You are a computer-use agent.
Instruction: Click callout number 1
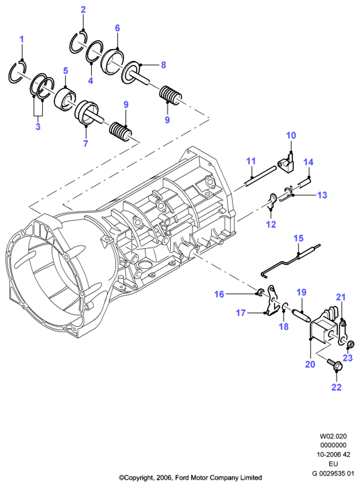pyautogui.click(x=21, y=40)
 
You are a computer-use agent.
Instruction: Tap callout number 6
pyautogui.click(x=117, y=28)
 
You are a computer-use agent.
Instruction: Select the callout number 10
pyautogui.click(x=291, y=136)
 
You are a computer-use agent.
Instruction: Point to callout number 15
pyautogui.click(x=298, y=238)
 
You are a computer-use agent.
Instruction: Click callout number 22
pyautogui.click(x=337, y=387)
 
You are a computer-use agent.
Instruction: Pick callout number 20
pyautogui.click(x=310, y=364)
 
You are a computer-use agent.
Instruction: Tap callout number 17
pyautogui.click(x=241, y=313)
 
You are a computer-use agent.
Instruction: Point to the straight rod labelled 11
pyautogui.click(x=260, y=176)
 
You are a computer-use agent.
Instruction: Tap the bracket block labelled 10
pyautogui.click(x=286, y=163)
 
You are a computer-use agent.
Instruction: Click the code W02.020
pyautogui.click(x=333, y=437)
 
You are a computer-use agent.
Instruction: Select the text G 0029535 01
pyautogui.click(x=333, y=474)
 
